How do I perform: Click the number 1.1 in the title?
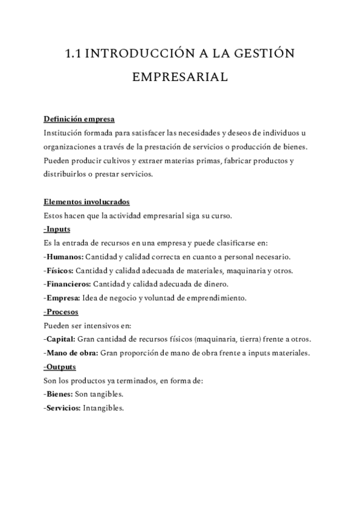click(x=73, y=55)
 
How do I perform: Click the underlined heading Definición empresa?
click(x=79, y=118)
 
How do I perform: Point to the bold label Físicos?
click(x=61, y=270)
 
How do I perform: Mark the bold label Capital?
click(x=62, y=339)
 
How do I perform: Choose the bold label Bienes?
click(x=61, y=394)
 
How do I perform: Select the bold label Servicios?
click(x=64, y=408)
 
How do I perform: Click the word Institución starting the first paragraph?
click(x=64, y=132)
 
